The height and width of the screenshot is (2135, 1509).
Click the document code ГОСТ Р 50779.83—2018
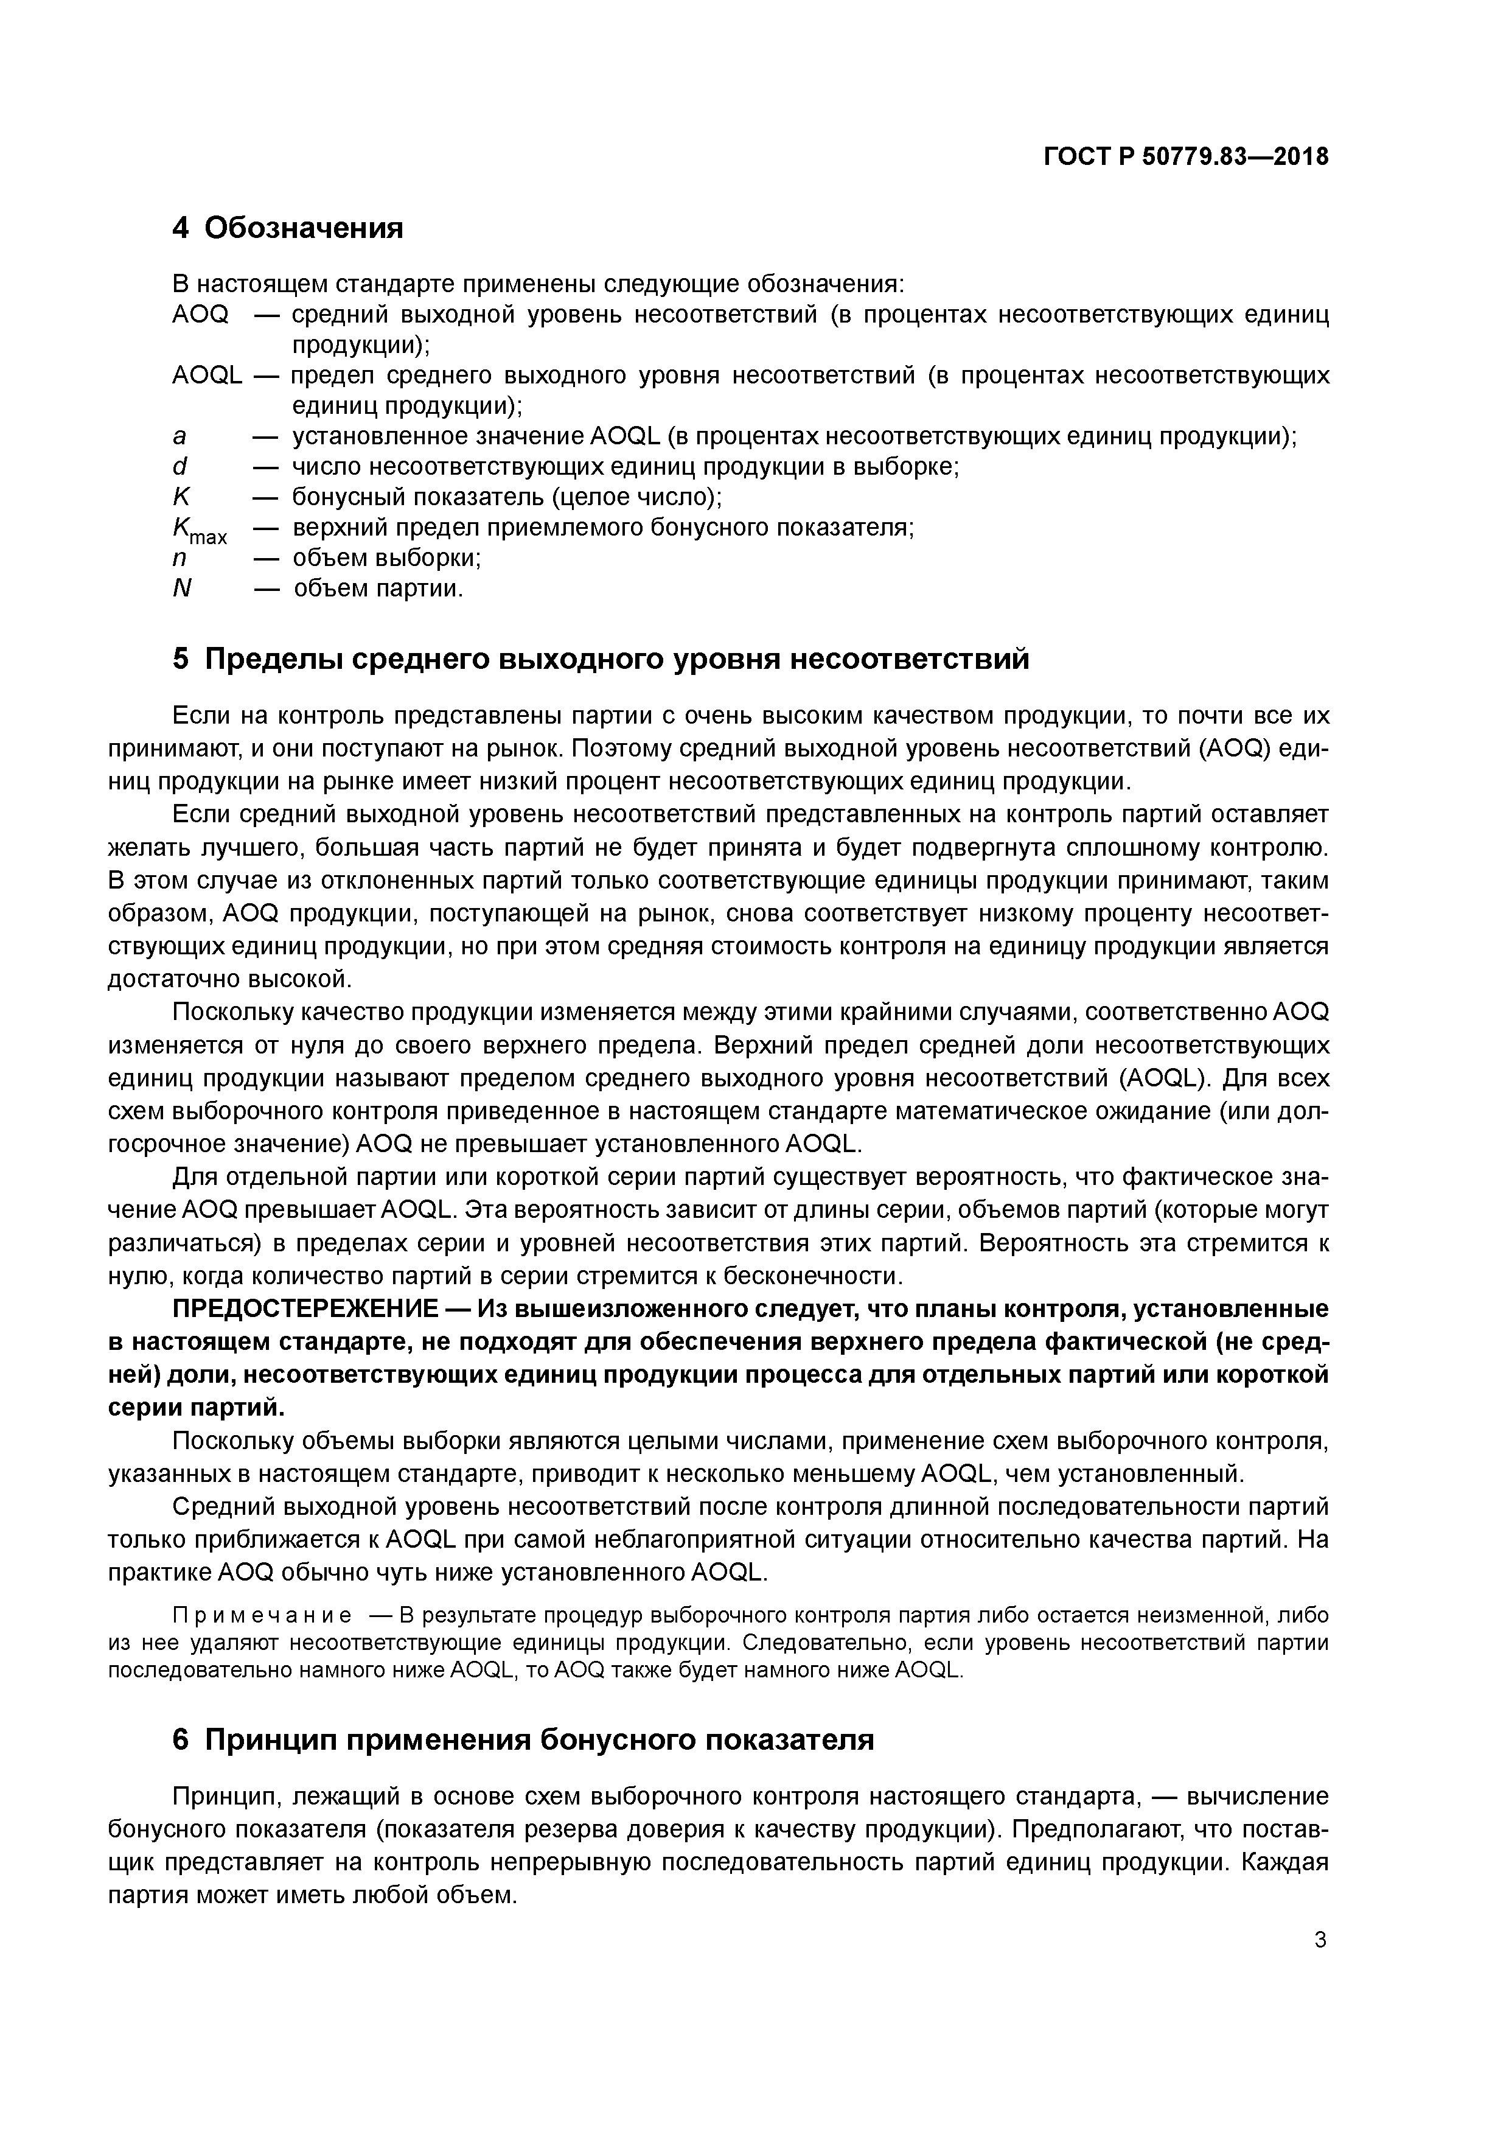point(1185,157)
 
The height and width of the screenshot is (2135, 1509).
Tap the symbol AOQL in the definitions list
point(206,376)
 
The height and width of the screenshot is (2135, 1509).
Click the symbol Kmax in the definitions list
point(198,531)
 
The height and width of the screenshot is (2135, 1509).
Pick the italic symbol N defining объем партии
point(182,589)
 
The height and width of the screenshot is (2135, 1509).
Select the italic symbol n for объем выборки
point(180,558)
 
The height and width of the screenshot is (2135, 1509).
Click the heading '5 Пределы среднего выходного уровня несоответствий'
point(601,659)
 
